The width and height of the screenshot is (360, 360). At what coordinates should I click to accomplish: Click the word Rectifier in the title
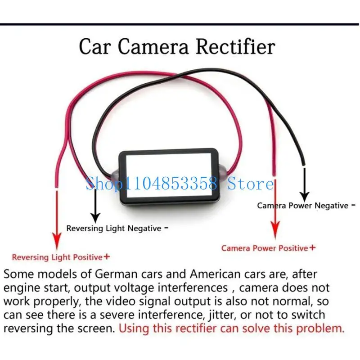coord(235,47)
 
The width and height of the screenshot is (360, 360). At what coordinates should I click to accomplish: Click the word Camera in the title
coord(153,47)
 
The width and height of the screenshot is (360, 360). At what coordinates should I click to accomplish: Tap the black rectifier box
coord(169,176)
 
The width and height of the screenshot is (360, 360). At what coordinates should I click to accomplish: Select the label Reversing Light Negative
coord(114,229)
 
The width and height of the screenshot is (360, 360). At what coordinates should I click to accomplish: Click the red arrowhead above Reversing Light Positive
coord(57,241)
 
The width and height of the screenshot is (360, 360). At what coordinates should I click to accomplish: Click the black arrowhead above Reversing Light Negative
coord(95,217)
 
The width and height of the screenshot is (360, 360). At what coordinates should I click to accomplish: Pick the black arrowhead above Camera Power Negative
coord(305,196)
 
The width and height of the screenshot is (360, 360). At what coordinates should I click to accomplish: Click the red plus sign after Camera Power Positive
coord(312,247)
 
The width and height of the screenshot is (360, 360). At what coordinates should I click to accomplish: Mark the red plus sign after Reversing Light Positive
coord(107,256)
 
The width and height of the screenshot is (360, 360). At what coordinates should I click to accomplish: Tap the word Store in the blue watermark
coord(251,184)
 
